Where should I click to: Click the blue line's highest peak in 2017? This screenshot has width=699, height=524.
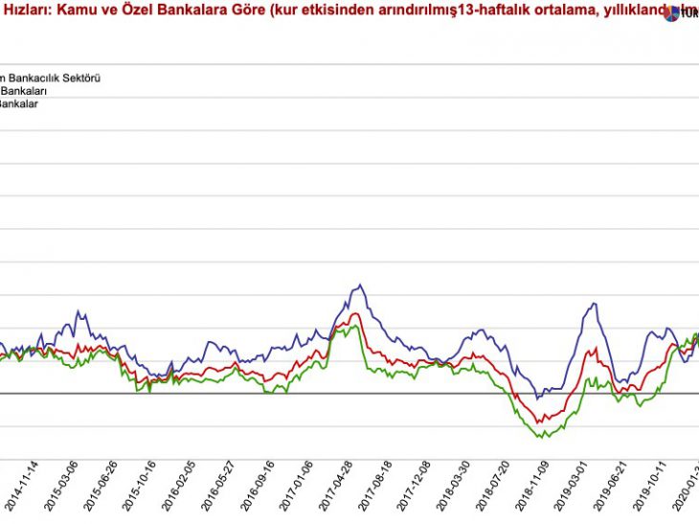click(360, 284)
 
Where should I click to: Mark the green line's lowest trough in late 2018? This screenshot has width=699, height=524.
click(543, 438)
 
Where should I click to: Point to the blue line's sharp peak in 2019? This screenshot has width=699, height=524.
click(596, 304)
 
